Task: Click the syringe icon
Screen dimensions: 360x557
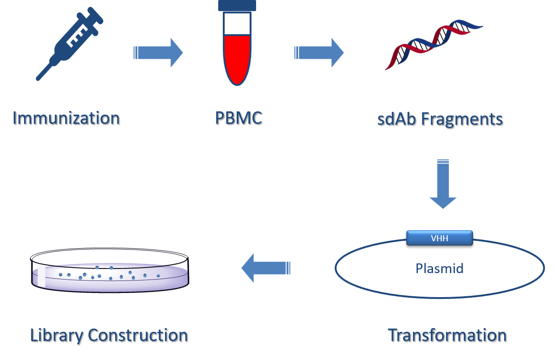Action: (69, 44)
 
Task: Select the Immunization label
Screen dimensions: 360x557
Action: (66, 118)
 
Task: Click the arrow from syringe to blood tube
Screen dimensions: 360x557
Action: (159, 53)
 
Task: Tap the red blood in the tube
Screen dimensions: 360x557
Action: (237, 58)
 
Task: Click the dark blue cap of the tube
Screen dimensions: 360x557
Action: (237, 5)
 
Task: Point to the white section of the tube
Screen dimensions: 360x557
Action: (237, 24)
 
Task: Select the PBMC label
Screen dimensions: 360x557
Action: (238, 118)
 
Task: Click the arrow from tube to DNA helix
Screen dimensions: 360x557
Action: (319, 53)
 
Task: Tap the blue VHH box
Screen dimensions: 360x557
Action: (439, 238)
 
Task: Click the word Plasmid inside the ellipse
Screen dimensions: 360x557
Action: (439, 268)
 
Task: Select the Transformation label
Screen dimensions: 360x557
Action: (447, 335)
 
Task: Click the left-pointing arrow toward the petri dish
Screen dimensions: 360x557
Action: (265, 268)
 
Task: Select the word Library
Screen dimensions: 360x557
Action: (57, 335)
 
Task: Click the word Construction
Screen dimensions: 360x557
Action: (138, 335)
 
